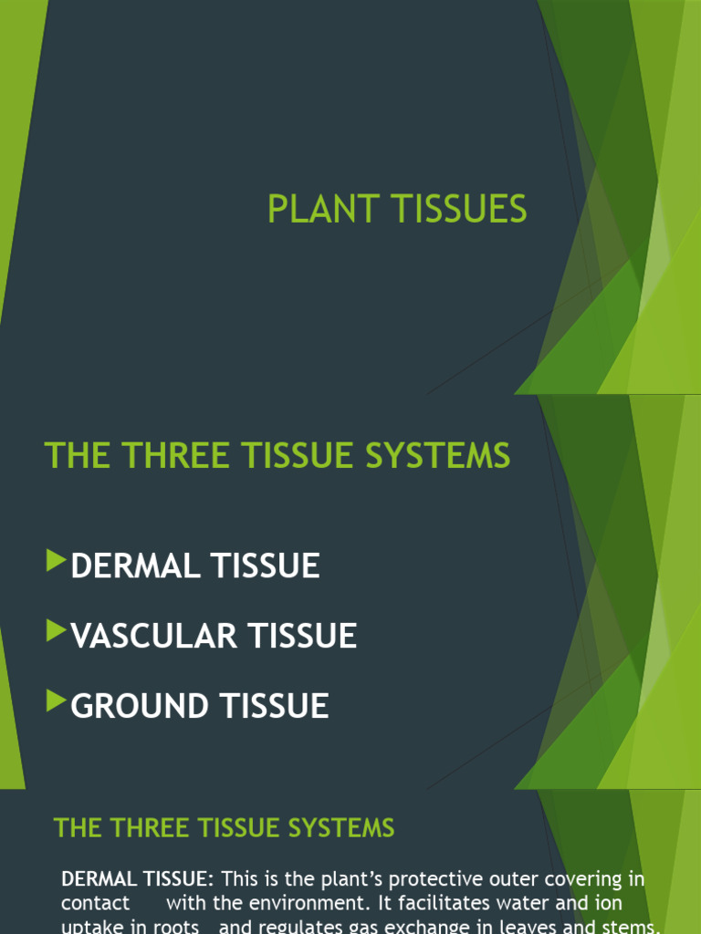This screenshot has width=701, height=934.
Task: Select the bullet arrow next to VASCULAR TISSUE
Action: [x=57, y=630]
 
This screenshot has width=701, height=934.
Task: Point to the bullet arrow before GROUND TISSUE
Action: [x=57, y=700]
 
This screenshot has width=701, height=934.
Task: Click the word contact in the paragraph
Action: [x=95, y=903]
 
